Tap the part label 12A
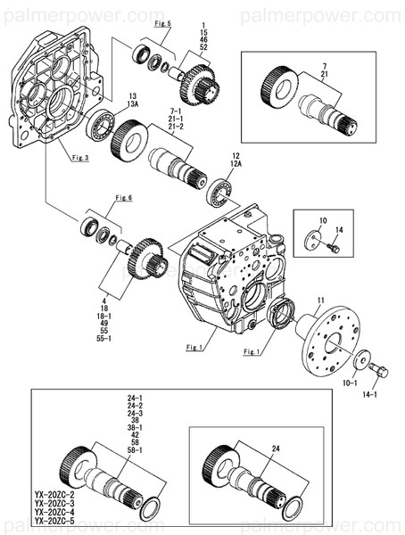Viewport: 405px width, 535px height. coord(236,163)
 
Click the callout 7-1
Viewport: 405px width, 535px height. coord(176,111)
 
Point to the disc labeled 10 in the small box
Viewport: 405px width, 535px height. coord(313,241)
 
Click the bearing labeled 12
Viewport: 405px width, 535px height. coord(219,192)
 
